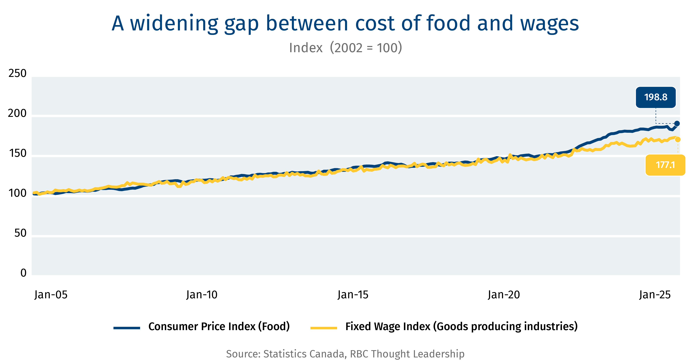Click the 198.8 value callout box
point(656,97)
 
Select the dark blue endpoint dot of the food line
point(677,123)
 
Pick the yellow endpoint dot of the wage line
point(678,139)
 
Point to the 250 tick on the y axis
point(17,73)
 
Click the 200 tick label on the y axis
point(17,113)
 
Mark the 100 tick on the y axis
point(17,193)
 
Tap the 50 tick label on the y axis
point(20,233)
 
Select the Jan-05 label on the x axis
point(51,295)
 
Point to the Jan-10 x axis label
point(202,295)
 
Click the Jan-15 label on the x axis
point(353,295)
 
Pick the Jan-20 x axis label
point(504,295)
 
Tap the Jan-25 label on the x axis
point(655,295)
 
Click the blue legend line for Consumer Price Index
point(127,328)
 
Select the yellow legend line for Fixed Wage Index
point(324,328)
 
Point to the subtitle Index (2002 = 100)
point(345,48)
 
